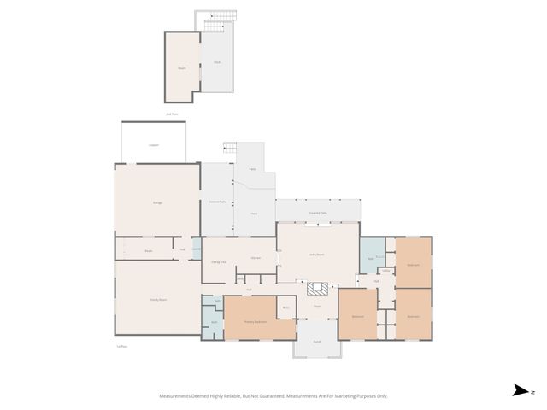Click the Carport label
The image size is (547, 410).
pos(154,145)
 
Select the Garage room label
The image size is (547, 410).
pos(157,202)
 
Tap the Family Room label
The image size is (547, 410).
pos(157,300)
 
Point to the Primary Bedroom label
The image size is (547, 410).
pos(255,321)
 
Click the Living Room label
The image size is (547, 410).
pos(315,254)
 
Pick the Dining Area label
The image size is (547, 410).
pos(218,261)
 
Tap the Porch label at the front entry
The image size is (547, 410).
pos(316,341)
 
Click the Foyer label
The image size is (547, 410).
pos(316,306)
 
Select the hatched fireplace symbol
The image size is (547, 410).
pos(317,289)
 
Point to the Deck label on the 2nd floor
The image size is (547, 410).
pos(217,63)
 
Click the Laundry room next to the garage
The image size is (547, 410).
pos(197,249)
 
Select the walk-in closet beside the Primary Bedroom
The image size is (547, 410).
pos(286,307)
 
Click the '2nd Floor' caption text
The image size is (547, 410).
pos(172,114)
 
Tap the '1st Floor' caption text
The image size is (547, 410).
pos(121,346)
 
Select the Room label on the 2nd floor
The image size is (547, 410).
pos(181,68)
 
